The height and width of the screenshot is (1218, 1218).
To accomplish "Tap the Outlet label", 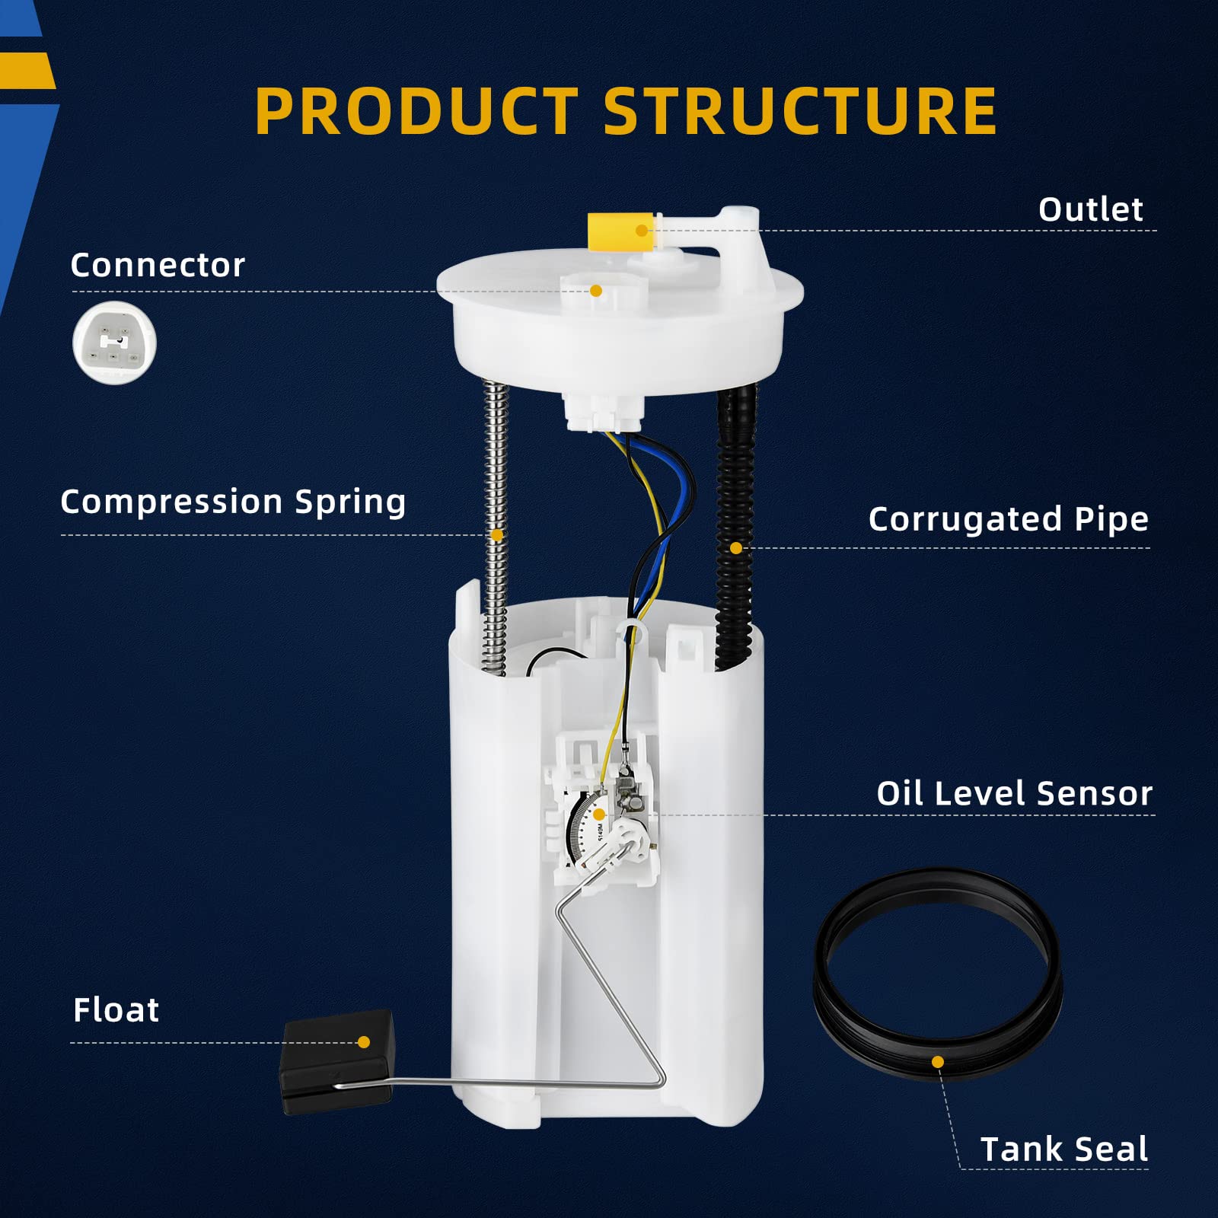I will tap(1090, 209).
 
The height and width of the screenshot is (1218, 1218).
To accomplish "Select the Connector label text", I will tap(158, 265).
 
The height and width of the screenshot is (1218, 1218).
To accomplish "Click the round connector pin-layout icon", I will tap(114, 343).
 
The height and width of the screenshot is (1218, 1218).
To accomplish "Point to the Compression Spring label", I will tap(233, 502).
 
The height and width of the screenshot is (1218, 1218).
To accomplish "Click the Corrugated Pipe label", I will tap(1008, 519).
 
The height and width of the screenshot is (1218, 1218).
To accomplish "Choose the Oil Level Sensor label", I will tap(1014, 793).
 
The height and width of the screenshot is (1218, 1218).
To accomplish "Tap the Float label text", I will tap(116, 1010).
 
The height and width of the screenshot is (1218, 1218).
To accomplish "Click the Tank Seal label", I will tap(1063, 1149).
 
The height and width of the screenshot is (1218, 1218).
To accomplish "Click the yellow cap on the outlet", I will tap(618, 231).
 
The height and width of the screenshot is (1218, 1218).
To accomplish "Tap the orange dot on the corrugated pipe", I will tap(735, 548).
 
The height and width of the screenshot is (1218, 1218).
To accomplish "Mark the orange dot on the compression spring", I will tap(497, 535).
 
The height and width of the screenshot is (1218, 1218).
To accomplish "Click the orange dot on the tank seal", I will tap(938, 1062).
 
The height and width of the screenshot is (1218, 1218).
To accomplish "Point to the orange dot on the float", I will tap(364, 1042).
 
